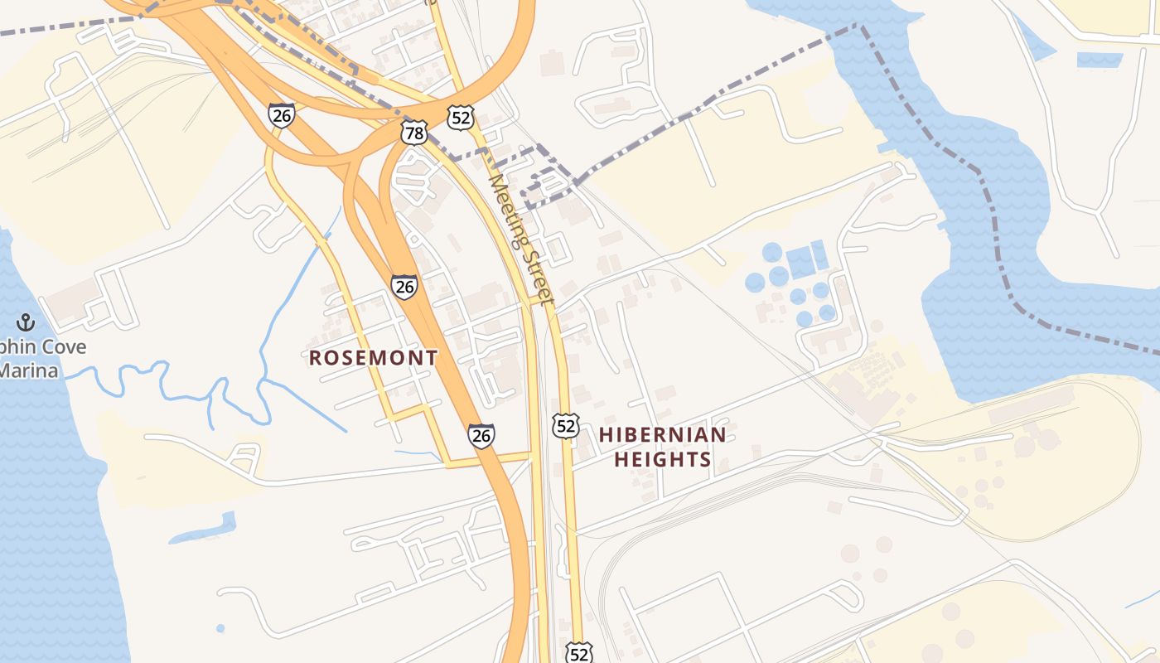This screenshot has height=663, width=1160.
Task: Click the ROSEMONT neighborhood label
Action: [373, 358]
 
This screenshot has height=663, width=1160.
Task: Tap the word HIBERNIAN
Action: [662, 434]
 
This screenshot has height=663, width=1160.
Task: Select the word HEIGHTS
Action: [662, 459]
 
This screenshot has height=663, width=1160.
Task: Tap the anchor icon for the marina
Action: [26, 322]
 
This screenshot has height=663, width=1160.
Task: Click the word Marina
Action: [28, 370]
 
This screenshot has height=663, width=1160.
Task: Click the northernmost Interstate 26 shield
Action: [281, 115]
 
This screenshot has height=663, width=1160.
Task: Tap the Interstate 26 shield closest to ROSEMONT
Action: [404, 287]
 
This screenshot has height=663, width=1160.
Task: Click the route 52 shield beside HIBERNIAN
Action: [566, 426]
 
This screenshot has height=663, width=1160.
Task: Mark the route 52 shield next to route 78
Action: [460, 118]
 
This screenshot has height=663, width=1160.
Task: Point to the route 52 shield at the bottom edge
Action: [580, 653]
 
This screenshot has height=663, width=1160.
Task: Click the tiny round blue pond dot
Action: [220, 628]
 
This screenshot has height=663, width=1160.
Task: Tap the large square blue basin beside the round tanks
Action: [800, 262]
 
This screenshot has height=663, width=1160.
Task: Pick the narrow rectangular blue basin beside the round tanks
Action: [819, 254]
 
